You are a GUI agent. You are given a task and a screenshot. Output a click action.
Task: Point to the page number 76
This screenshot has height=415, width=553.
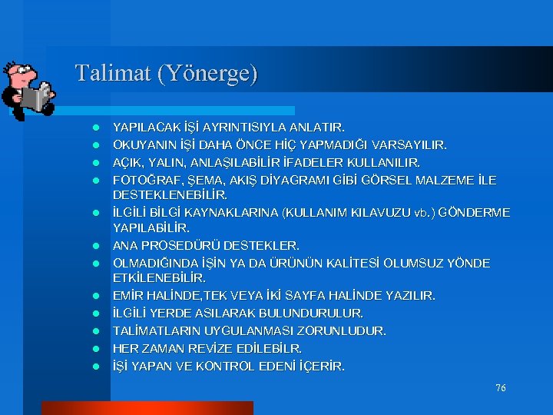point(500,388)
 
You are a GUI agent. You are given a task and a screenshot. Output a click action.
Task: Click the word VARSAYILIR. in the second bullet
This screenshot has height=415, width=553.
point(412,144)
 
